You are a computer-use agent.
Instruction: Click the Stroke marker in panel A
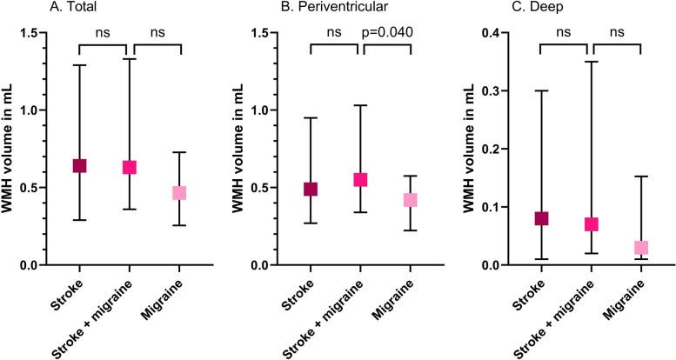79,166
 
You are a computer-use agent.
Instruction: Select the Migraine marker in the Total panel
179,193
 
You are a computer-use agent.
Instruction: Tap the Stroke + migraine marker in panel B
360,180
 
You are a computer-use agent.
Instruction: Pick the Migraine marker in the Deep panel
640,248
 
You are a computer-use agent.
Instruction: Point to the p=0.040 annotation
388,33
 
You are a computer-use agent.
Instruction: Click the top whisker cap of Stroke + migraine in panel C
591,62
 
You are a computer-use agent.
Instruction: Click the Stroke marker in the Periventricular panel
310,189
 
